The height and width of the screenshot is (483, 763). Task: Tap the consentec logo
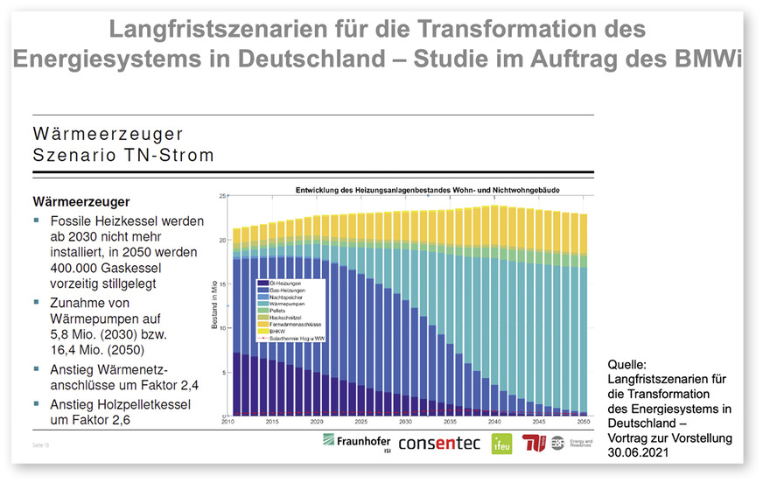coord(438,443)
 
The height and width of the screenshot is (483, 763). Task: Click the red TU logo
coord(534,443)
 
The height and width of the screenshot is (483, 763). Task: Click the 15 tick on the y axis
coord(222,283)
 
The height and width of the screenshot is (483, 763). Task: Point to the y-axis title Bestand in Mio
coord(213,305)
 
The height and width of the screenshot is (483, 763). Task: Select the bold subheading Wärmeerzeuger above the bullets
coord(81,201)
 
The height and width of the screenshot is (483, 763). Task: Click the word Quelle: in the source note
coord(627,363)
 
